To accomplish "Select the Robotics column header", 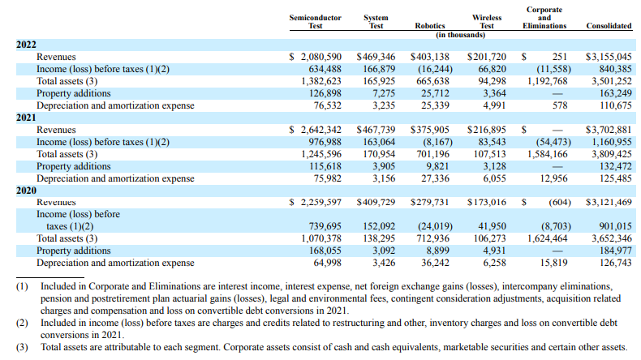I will pyautogui.click(x=430, y=26).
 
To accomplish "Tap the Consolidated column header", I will pyautogui.click(x=609, y=26).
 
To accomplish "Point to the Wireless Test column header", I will pyautogui.click(x=486, y=21).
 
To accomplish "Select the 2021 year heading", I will pyautogui.click(x=27, y=118).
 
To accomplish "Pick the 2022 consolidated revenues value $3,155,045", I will pyautogui.click(x=609, y=58).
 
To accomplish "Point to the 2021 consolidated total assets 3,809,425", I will pyautogui.click(x=613, y=154).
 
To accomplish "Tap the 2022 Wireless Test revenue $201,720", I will pyautogui.click(x=487, y=58).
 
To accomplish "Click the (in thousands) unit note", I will pyautogui.click(x=460, y=35).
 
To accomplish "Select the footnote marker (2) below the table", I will pyautogui.click(x=22, y=323).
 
